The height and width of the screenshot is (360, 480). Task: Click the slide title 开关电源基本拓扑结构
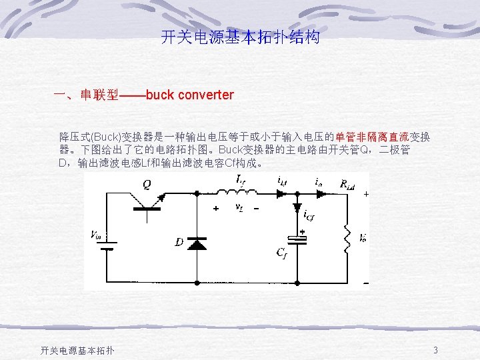pyautogui.click(x=240, y=37)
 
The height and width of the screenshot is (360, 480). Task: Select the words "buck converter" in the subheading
pyautogui.click(x=189, y=95)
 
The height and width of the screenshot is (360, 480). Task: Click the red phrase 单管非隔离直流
pyautogui.click(x=371, y=137)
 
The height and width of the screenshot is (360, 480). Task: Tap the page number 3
pyautogui.click(x=435, y=350)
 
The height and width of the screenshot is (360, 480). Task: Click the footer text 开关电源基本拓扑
pyautogui.click(x=77, y=350)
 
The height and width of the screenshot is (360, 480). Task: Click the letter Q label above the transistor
pyautogui.click(x=147, y=183)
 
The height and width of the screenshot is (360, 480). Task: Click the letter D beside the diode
pyautogui.click(x=179, y=241)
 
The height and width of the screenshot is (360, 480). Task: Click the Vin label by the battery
pyautogui.click(x=96, y=234)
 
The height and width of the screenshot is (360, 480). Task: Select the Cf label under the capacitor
pyautogui.click(x=282, y=251)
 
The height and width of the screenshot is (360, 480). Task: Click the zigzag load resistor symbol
pyautogui.click(x=347, y=237)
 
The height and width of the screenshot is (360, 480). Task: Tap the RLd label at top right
pyautogui.click(x=347, y=184)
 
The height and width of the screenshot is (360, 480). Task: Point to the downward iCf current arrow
pyautogui.click(x=297, y=207)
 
